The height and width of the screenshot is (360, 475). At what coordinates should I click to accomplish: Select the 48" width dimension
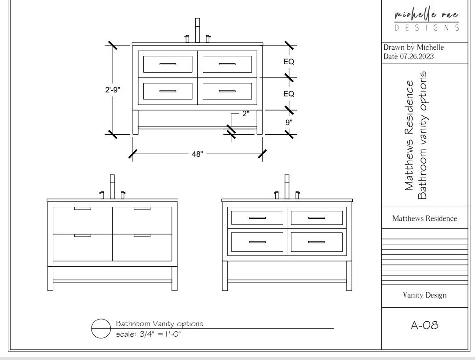pos(197,154)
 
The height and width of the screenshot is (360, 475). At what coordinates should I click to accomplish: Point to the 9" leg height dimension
pos(289,122)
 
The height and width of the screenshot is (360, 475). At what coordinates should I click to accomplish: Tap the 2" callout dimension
pos(245,114)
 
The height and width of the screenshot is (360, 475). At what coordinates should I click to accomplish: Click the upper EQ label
pos(289,62)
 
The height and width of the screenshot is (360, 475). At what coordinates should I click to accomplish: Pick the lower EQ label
pos(289,94)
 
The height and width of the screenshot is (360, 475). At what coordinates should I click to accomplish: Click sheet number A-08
pos(424,326)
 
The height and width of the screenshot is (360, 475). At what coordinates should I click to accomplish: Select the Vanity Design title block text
pos(424,295)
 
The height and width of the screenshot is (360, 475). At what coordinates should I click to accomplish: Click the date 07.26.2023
pos(417,56)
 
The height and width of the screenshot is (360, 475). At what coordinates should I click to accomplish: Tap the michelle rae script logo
pos(426,15)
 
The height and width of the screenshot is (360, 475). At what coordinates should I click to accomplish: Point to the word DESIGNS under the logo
pos(426,28)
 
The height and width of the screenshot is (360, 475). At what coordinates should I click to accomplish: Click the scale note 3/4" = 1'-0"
pos(149,334)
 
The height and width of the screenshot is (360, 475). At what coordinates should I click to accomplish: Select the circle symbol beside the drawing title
pos(101,328)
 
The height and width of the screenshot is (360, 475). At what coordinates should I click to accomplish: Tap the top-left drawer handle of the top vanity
pos(168,64)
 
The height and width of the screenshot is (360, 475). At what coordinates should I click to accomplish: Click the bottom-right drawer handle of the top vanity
pos(227,91)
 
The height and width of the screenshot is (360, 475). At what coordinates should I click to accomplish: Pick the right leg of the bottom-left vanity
pos(175,278)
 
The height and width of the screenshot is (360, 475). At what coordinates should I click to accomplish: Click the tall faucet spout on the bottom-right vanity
pos(287,187)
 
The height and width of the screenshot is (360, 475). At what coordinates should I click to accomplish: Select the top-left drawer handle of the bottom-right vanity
pos(257,218)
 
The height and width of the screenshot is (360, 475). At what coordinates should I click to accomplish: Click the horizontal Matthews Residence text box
pos(424,218)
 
